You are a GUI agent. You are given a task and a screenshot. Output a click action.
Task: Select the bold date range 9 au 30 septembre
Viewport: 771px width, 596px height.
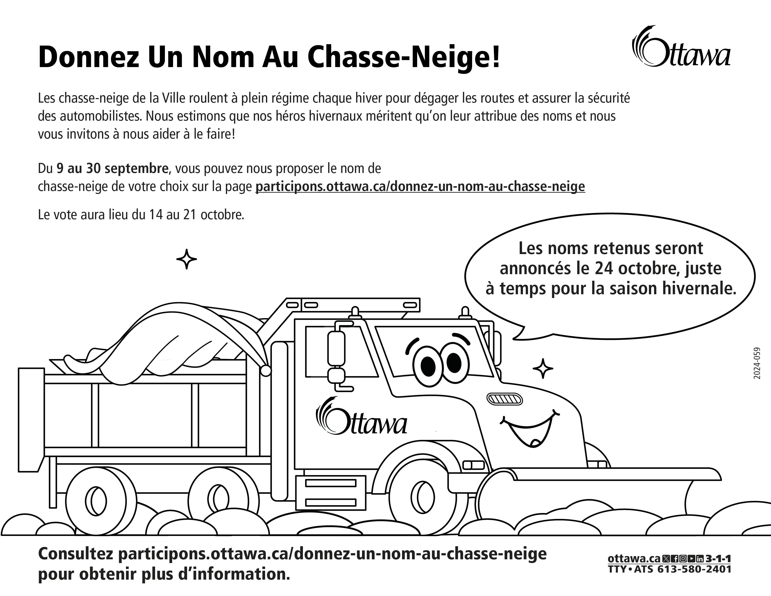coord(112,169)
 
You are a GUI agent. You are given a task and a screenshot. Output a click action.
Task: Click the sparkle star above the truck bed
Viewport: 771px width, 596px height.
coord(186,259)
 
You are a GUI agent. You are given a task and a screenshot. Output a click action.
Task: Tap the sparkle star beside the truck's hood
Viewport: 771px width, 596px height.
coord(543,369)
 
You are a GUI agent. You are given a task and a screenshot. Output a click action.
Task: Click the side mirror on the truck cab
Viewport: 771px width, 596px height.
coord(336,349)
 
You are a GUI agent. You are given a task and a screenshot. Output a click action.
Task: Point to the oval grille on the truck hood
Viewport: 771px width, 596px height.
coord(505,399)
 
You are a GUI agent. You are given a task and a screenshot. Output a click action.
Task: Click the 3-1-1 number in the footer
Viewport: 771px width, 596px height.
coord(718,568)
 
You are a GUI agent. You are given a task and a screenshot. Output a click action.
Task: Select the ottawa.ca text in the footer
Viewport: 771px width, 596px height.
coord(634,568)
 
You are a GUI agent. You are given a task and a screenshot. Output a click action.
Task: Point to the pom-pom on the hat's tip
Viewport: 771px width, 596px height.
coord(266,371)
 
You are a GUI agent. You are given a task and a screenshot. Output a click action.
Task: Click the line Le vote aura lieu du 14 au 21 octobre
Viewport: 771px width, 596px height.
coord(141,215)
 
